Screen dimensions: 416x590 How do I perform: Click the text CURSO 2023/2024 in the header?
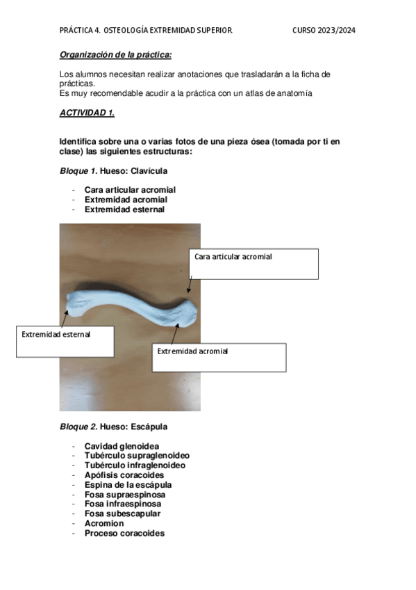pyautogui.click(x=324, y=31)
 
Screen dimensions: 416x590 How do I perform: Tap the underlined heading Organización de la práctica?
pyautogui.click(x=115, y=54)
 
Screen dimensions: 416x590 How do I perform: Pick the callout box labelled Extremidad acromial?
pyautogui.click(x=219, y=357)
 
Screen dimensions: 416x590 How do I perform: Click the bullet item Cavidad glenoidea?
pyautogui.click(x=122, y=446)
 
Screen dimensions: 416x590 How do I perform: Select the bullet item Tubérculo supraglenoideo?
pyautogui.click(x=137, y=456)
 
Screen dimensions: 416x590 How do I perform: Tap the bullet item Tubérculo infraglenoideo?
pyautogui.click(x=135, y=465)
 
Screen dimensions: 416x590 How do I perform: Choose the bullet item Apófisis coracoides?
pyautogui.click(x=124, y=475)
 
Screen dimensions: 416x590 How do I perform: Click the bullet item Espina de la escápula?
pyautogui.click(x=128, y=485)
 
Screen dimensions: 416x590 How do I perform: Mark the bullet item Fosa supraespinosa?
pyautogui.click(x=124, y=495)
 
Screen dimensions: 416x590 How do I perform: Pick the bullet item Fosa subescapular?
pyautogui.click(x=122, y=514)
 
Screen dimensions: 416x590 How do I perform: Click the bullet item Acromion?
pyautogui.click(x=104, y=524)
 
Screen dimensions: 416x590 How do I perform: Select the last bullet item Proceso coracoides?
pyautogui.click(x=124, y=534)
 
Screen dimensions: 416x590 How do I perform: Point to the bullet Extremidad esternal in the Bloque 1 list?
pyautogui.click(x=124, y=209)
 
